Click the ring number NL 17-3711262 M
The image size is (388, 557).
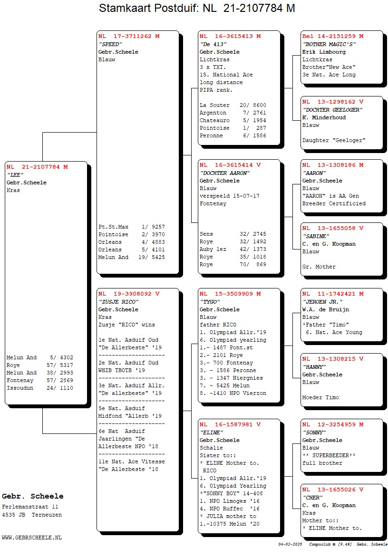point(129,36)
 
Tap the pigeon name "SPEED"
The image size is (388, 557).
point(110,44)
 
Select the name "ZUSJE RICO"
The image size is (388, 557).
point(118,302)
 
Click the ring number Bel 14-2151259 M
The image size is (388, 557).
point(333,36)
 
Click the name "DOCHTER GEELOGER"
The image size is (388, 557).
point(332,110)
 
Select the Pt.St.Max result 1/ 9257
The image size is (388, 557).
point(132,227)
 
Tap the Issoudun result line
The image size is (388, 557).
point(40,388)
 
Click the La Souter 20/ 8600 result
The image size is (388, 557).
point(233,106)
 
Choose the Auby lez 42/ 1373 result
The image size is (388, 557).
point(233,250)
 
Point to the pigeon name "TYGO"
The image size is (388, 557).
point(210,302)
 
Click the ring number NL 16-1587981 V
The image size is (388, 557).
point(230,424)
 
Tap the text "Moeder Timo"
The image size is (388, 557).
point(321,397)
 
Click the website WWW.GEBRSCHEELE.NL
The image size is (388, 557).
point(32,538)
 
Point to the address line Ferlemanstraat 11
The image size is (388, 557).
point(30,507)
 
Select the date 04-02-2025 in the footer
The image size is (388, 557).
point(290,544)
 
